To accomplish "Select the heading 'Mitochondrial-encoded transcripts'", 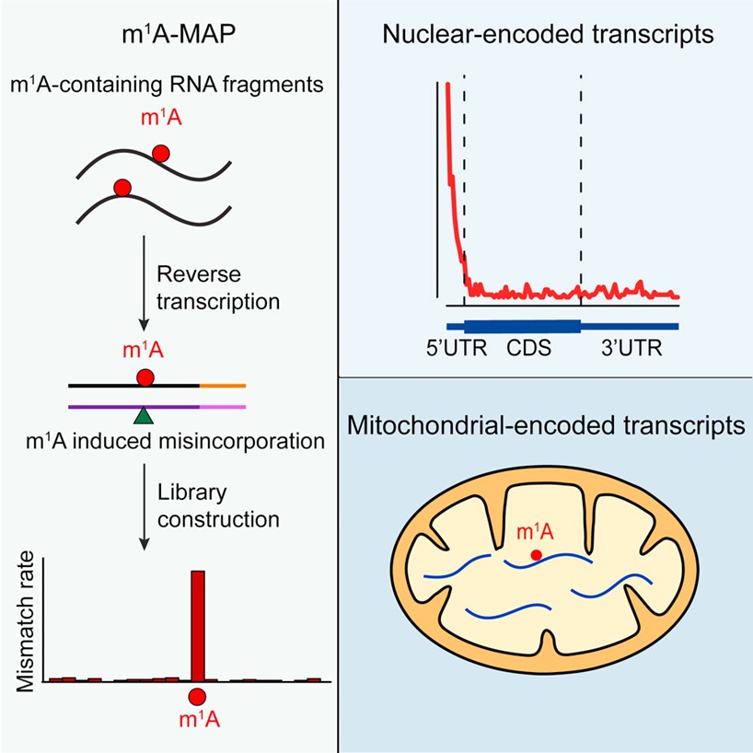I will pos(547,426).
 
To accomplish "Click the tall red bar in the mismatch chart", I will pos(197,625).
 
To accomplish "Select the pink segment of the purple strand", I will pos(222,405).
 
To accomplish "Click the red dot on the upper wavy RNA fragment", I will pos(160,154).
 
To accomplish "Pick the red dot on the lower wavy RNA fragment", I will pos(122,189).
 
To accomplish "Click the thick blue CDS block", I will pos(522,325).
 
